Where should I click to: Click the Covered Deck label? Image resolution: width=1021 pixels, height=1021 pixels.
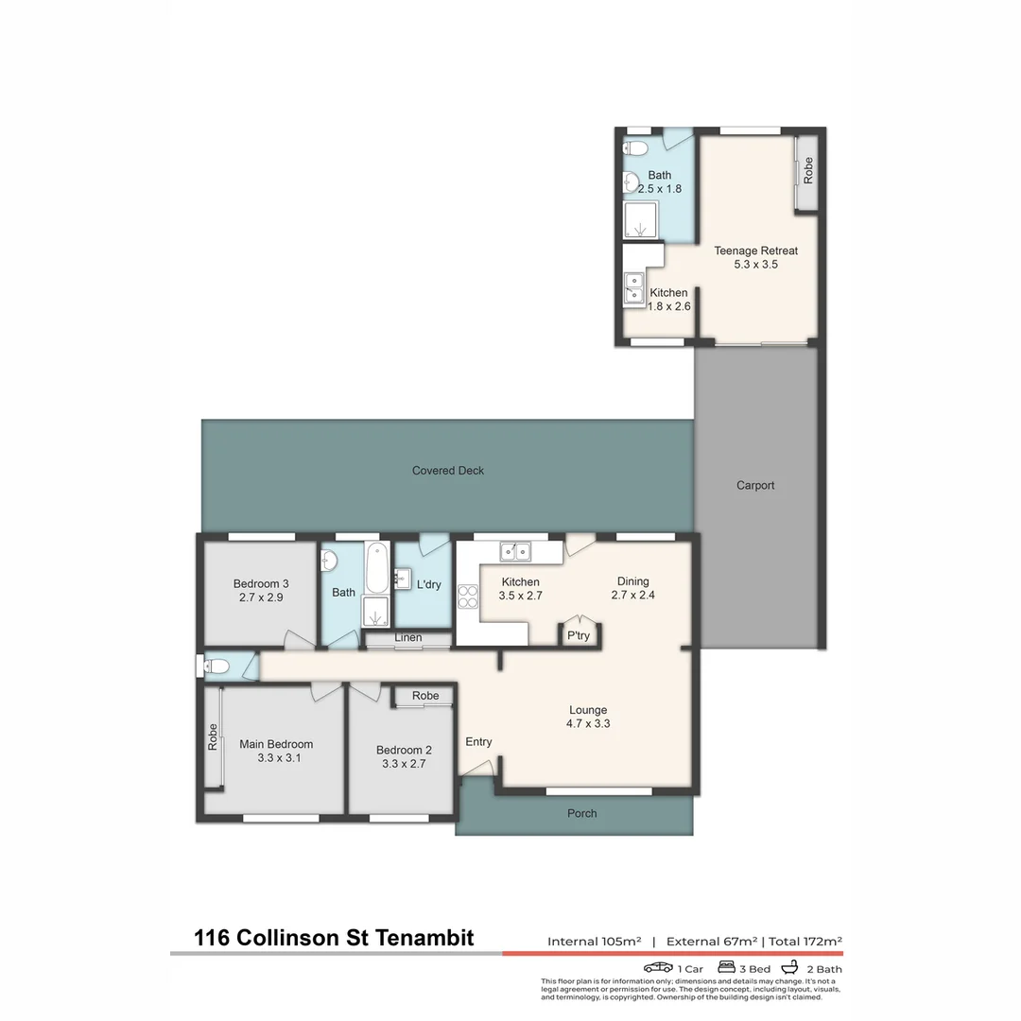(448, 471)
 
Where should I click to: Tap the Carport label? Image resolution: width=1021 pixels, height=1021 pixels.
(755, 485)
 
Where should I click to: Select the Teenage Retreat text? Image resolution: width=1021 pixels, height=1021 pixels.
(755, 251)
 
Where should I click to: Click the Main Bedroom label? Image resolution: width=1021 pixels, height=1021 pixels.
(276, 744)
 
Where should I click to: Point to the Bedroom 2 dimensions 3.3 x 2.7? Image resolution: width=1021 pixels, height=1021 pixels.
(404, 764)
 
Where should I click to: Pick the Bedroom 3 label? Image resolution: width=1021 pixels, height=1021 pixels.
(261, 583)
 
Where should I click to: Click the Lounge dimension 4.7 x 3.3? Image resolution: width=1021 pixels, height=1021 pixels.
(588, 724)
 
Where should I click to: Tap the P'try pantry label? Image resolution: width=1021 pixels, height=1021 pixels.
(578, 635)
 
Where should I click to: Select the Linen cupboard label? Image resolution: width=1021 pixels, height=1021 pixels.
(408, 638)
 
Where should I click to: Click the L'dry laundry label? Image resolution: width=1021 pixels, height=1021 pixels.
(428, 584)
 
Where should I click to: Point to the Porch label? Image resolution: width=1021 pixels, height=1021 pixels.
(582, 813)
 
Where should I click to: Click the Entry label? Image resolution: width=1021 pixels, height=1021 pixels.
(478, 742)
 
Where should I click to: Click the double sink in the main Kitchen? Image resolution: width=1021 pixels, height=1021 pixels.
(516, 550)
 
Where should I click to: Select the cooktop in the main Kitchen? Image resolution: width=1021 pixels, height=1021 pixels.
(468, 596)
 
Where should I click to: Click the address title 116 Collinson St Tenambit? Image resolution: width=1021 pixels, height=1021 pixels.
(334, 938)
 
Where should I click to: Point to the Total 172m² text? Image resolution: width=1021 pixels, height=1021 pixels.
(805, 942)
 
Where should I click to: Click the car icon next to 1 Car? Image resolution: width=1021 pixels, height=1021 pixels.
(658, 968)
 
